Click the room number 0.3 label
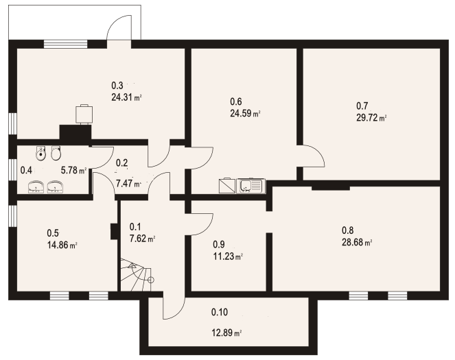(x=117, y=86)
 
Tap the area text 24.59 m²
(x=245, y=114)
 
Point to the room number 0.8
(x=348, y=230)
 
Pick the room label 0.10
(x=220, y=313)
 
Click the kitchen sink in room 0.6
(x=250, y=185)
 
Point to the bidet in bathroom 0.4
(x=42, y=154)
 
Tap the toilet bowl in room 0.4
(x=56, y=153)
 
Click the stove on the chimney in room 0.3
(x=84, y=112)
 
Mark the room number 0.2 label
(x=121, y=163)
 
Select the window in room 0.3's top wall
(x=65, y=45)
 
